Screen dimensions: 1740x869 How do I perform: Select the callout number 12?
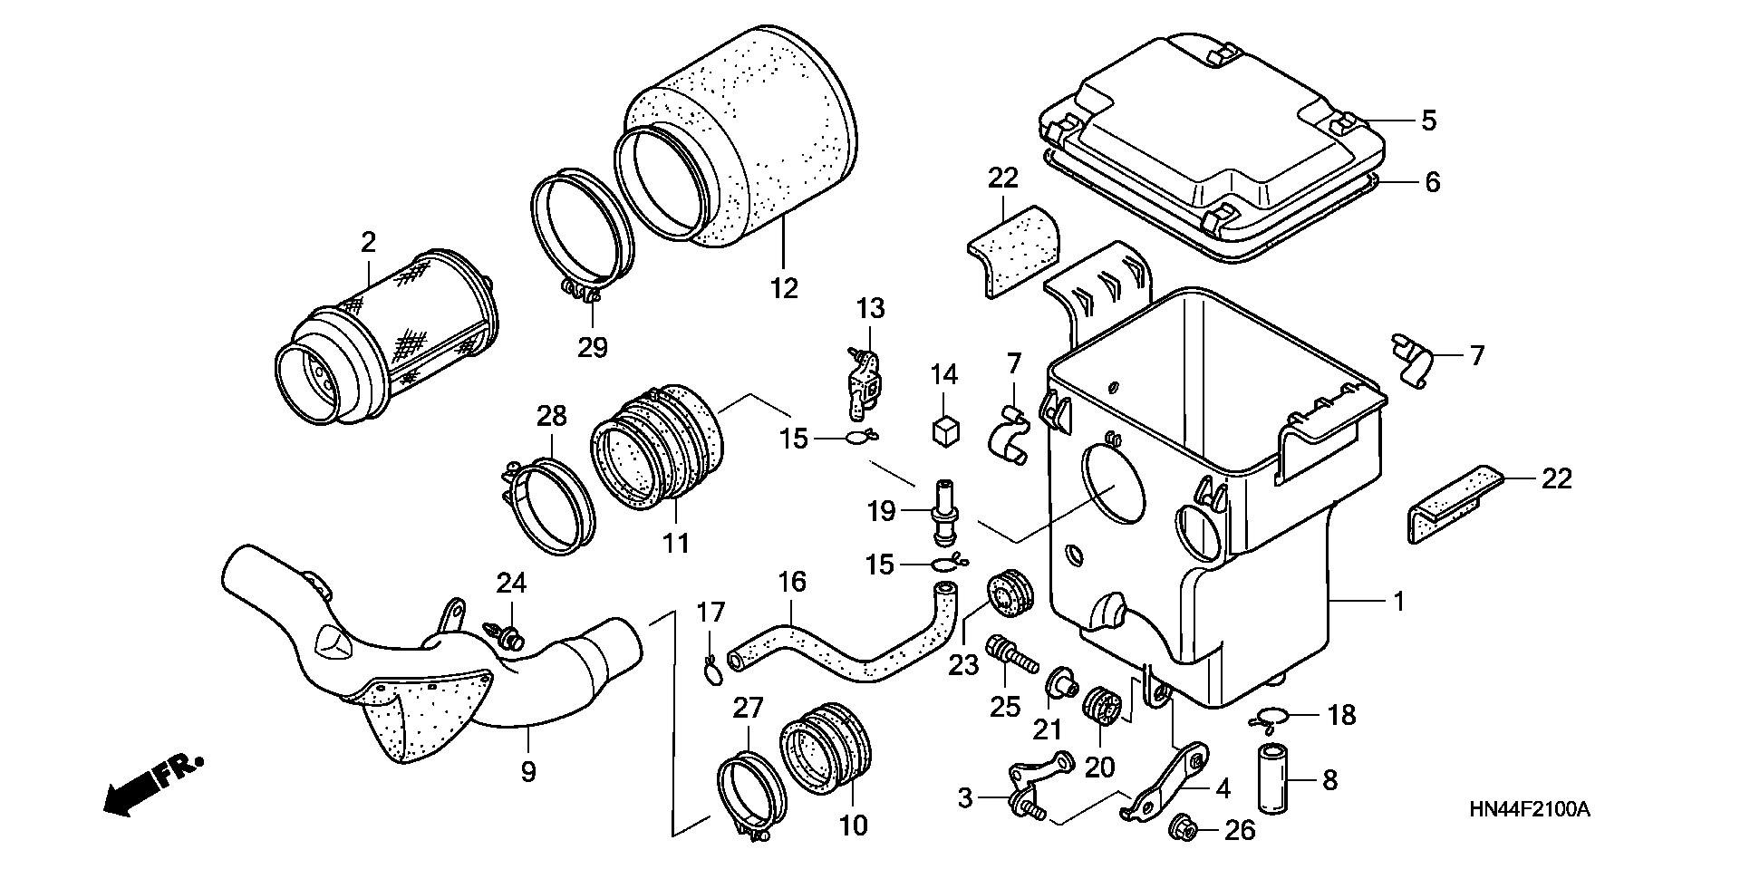[x=784, y=288]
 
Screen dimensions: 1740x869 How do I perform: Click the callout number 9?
[x=528, y=771]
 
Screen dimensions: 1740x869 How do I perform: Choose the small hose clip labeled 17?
[x=712, y=669]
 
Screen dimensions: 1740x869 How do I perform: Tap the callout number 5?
[x=1428, y=121]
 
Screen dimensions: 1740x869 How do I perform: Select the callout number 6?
[x=1432, y=182]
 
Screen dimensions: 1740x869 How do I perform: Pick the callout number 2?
[x=367, y=242]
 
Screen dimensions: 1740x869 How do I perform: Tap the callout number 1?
[x=1398, y=601]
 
